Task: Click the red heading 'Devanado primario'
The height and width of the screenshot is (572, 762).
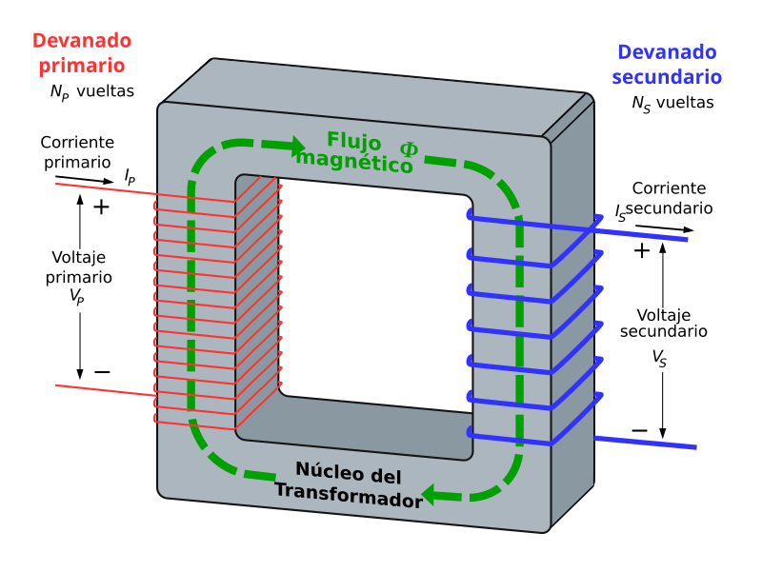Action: [82, 53]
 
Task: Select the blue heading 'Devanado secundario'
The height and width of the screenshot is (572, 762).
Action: [667, 65]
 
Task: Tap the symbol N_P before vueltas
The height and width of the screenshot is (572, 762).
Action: [59, 92]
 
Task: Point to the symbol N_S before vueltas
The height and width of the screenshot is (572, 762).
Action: [640, 104]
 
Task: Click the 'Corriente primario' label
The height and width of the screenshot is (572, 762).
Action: [77, 151]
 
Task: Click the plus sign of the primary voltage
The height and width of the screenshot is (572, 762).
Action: [101, 206]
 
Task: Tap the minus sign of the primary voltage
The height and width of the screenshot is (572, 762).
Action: [102, 371]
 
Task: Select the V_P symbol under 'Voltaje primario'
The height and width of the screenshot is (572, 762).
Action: [77, 296]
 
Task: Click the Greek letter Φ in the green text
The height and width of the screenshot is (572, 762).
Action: [409, 150]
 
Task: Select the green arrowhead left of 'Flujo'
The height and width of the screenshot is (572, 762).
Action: [290, 148]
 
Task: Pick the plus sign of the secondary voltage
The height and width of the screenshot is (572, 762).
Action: [642, 250]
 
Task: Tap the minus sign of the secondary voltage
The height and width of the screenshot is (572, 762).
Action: [640, 431]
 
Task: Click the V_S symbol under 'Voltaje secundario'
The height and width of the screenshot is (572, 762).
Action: [659, 357]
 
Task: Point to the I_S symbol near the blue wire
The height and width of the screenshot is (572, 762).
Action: [621, 213]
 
